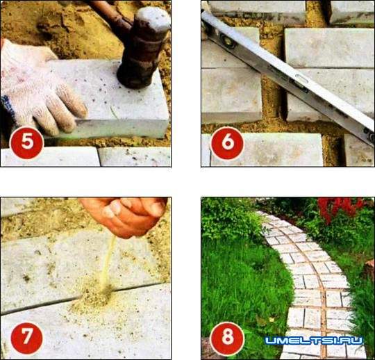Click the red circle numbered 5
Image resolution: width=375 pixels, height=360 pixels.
(26, 142)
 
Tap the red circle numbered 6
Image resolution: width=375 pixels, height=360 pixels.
(228, 143)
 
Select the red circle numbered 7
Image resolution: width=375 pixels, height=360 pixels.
(26, 338)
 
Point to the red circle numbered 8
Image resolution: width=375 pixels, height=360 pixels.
(228, 337)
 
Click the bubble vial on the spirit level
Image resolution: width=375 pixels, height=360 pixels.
(229, 42)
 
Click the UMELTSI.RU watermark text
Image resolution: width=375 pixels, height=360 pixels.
(314, 341)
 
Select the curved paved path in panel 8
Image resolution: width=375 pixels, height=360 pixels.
(311, 282)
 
